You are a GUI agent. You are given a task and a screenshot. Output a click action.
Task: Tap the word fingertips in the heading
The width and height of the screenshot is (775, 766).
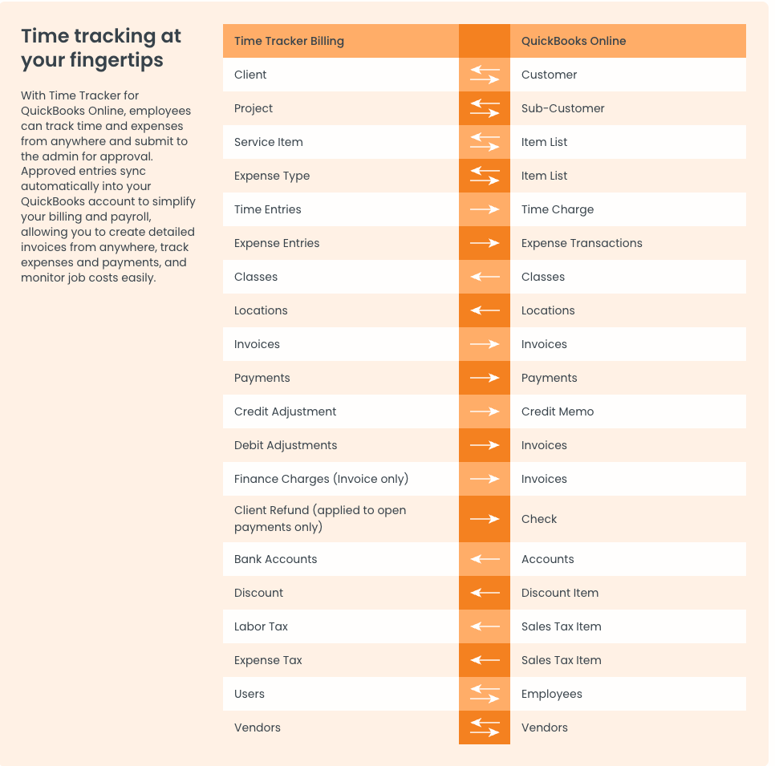pyautogui.click(x=116, y=60)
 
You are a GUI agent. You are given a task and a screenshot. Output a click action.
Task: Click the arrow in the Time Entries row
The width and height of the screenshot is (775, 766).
pyautogui.click(x=485, y=209)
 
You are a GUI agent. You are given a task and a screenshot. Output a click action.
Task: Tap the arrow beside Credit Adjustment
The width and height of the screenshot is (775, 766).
pyautogui.click(x=485, y=411)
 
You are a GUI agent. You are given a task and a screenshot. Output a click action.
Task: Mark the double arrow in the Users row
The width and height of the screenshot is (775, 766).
pyautogui.click(x=485, y=694)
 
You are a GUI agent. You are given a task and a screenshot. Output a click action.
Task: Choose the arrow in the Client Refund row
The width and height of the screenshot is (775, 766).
pyautogui.click(x=485, y=519)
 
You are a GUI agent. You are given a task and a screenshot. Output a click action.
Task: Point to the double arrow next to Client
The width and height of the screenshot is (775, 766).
pyautogui.click(x=485, y=75)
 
